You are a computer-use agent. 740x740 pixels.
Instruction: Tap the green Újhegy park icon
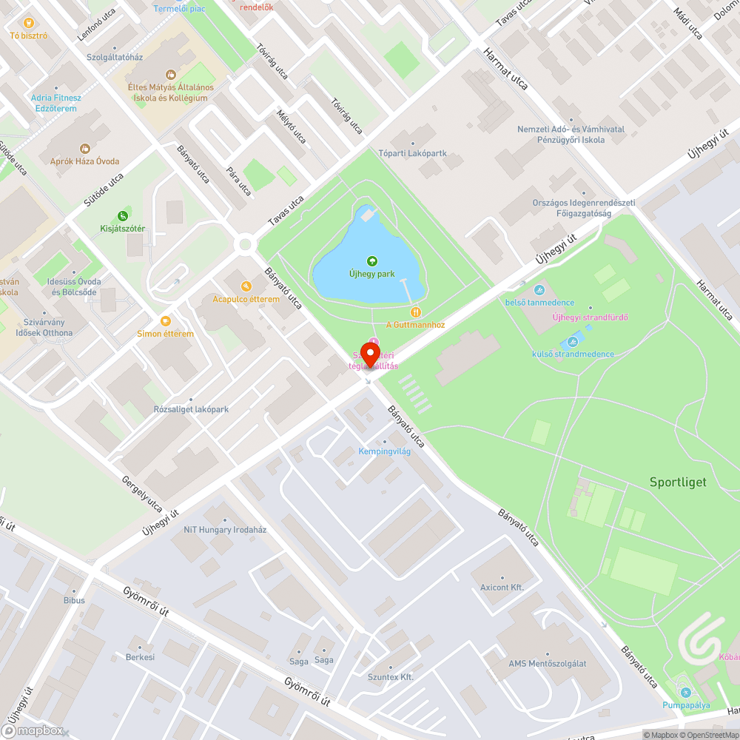(x=371, y=261)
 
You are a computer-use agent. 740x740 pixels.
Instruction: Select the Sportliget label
(x=678, y=482)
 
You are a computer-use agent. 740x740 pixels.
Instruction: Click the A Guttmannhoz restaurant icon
(x=416, y=312)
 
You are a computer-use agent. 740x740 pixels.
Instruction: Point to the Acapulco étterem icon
(x=246, y=286)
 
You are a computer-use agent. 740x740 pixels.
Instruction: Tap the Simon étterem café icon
(x=165, y=321)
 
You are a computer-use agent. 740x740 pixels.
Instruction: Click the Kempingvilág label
(x=384, y=451)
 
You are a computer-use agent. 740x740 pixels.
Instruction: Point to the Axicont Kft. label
(x=502, y=587)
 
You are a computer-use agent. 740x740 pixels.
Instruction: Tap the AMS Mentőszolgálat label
(x=547, y=663)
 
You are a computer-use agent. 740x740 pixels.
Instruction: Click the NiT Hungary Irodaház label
(x=225, y=530)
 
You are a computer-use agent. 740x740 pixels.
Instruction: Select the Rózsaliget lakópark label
(x=191, y=409)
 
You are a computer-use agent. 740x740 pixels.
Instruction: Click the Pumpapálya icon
(x=686, y=693)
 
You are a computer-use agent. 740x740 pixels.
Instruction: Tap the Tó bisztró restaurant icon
(x=29, y=23)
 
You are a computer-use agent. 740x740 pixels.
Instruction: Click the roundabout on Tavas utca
(x=243, y=244)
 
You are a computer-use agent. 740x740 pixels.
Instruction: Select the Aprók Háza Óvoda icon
(x=84, y=149)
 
